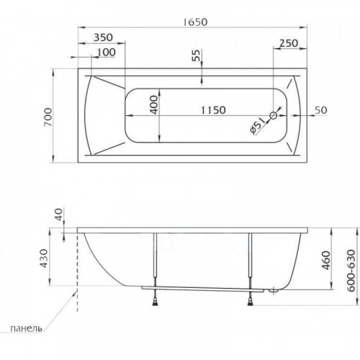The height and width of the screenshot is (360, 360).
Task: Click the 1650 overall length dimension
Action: coord(195,22)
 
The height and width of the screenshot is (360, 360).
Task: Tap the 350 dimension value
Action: coord(103,37)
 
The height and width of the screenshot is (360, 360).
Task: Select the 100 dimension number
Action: coord(107,52)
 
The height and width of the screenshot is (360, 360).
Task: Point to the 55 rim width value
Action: coord(197,55)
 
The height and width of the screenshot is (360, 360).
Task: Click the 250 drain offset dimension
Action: coord(289,43)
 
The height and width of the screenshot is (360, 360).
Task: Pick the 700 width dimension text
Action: coord(48,117)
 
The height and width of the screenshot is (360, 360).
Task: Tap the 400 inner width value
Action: coord(154,105)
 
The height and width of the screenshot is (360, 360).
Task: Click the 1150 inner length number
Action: coord(213,110)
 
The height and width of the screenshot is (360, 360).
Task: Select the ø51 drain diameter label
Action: coord(258,126)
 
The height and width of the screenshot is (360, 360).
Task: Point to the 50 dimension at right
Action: coord(321,110)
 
